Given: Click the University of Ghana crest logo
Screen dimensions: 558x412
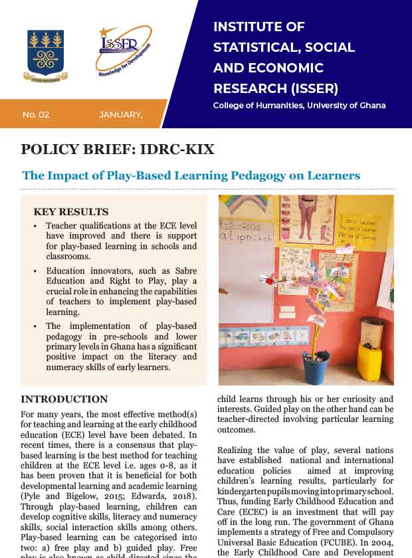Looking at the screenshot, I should point(45,55).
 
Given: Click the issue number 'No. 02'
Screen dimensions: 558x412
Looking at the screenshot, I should point(36,115).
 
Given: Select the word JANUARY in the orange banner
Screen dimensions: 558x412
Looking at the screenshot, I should point(120,115).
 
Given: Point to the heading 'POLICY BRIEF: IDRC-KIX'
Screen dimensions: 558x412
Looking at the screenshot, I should point(118,149).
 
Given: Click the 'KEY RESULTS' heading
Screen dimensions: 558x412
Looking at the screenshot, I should point(70,212).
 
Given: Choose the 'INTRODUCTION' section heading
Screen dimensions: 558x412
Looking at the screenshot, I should point(64,399).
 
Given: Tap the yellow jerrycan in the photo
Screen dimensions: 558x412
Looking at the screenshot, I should point(370,361).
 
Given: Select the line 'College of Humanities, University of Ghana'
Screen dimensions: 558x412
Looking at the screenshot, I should point(299,106).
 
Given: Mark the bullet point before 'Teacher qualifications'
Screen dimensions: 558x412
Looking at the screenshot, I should point(35,227).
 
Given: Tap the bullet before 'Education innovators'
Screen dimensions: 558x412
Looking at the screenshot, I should point(35,272).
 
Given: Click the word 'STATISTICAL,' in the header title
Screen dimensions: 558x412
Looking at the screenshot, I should point(251,48).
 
